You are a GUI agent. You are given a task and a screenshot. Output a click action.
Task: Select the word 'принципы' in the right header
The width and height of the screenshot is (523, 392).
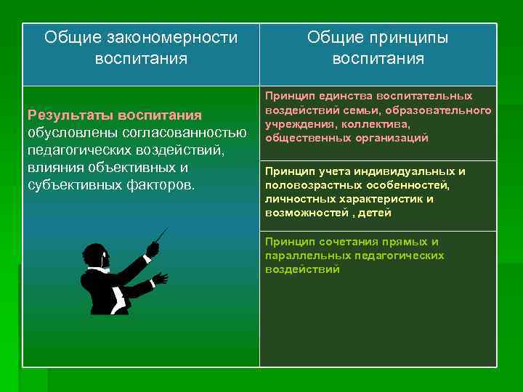(x=413, y=37)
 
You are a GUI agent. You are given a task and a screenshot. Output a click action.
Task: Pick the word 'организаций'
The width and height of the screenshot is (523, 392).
(x=394, y=138)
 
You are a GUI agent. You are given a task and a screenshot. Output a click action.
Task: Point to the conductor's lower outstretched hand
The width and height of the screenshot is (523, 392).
(x=160, y=279)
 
